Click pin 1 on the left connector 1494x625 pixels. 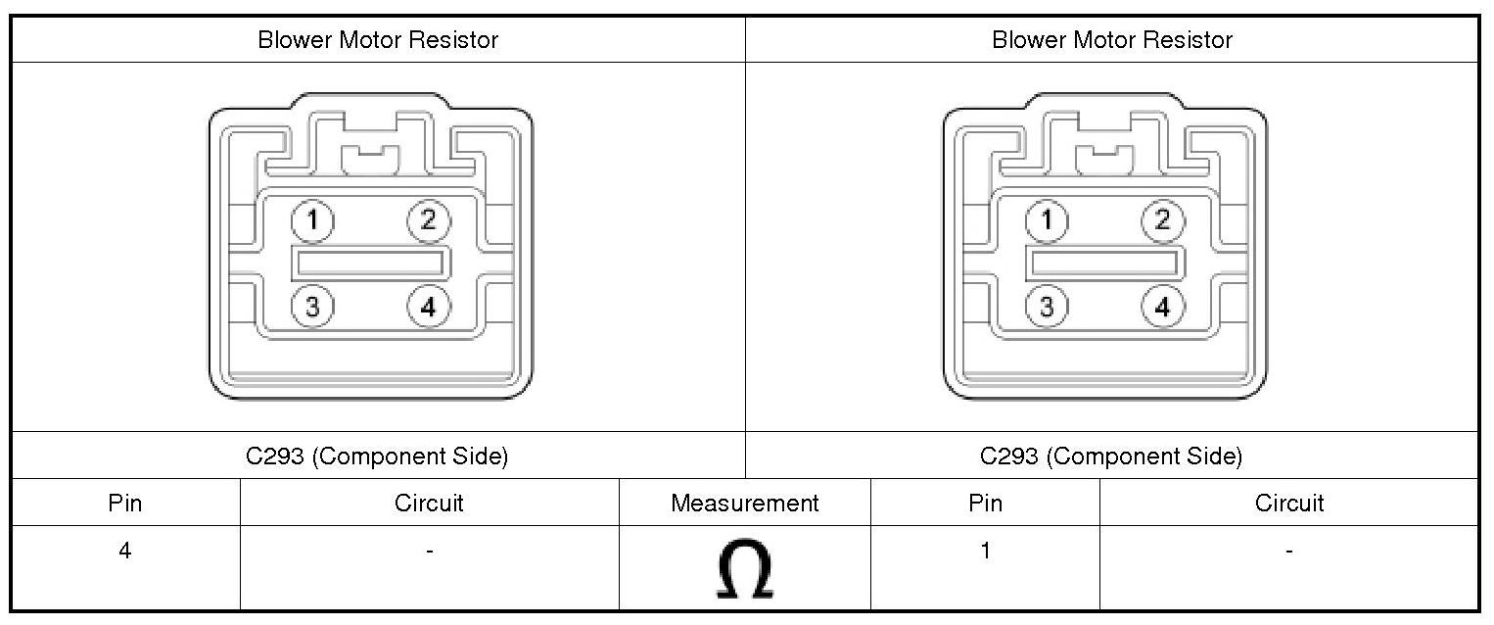click(312, 220)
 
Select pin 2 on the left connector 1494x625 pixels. click(428, 220)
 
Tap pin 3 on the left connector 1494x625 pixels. click(312, 307)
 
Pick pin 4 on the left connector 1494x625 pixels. click(428, 307)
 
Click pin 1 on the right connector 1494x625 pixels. click(1047, 220)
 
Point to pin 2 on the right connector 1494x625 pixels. click(1162, 220)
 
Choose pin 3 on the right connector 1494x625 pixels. click(1047, 307)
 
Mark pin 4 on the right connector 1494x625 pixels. click(1162, 307)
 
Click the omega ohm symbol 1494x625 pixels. click(745, 569)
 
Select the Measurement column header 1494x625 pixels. click(745, 503)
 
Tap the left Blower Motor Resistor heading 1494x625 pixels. click(378, 40)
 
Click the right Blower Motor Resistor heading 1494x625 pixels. click(1112, 40)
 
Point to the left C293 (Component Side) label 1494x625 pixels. click(377, 457)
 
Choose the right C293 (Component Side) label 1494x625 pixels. click(1111, 457)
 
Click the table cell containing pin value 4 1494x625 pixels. click(125, 552)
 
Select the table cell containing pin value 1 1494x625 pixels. click(985, 552)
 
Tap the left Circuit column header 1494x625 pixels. click(429, 503)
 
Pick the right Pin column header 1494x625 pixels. click(985, 503)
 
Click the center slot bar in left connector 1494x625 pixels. click(371, 263)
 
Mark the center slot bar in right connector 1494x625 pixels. click(1105, 263)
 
